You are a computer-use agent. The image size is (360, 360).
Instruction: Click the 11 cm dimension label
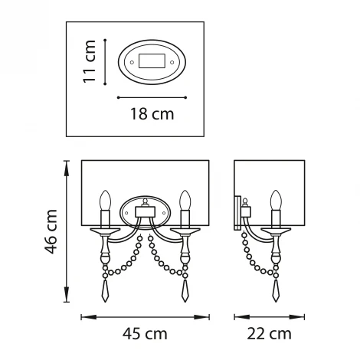pos(90,61)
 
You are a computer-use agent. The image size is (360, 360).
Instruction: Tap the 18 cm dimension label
pos(152,114)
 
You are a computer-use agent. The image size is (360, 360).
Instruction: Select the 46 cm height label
pos(51,231)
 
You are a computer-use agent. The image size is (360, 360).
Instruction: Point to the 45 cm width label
pos(145,334)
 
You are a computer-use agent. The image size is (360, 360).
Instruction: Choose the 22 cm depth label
pos(269,334)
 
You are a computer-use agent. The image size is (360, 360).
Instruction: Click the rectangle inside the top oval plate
pos(152,61)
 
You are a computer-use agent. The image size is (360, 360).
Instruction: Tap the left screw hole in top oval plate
pos(132,62)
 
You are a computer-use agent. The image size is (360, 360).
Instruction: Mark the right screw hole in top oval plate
pos(172,62)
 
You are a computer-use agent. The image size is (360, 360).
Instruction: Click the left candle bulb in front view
pos(105,200)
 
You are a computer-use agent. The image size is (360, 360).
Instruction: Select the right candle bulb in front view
pos(185,200)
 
